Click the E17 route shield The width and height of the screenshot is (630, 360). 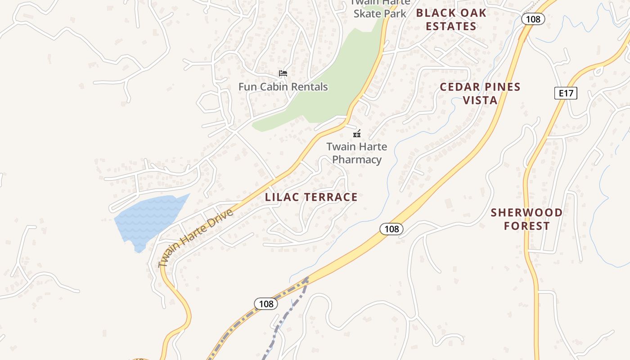click(565, 93)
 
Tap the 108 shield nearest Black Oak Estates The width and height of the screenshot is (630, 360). click(533, 19)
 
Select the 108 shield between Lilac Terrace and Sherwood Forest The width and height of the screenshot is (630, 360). click(391, 229)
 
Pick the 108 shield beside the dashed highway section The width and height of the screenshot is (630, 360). click(266, 304)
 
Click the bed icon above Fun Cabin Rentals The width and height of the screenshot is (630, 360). click(283, 73)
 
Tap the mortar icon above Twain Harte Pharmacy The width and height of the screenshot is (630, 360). click(357, 133)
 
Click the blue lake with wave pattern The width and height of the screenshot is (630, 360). click(148, 218)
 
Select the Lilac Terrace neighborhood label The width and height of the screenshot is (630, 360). click(311, 197)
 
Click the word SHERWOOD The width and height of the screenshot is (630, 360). click(526, 212)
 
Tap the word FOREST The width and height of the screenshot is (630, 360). click(526, 226)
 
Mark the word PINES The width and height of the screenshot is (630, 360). click(501, 87)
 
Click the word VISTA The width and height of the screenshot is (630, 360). click(480, 100)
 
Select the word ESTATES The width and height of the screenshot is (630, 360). click(451, 26)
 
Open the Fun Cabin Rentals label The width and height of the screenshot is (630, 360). click(283, 87)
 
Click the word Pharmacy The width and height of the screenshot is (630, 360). click(357, 160)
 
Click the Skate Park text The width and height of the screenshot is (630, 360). click(380, 13)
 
